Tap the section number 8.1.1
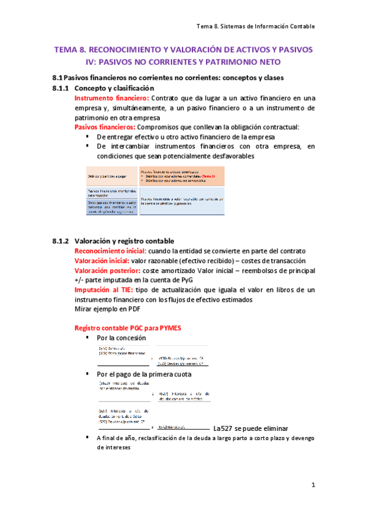61,88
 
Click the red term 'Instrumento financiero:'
110,98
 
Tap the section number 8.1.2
61,241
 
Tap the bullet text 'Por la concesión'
121,338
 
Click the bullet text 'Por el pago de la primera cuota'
144,373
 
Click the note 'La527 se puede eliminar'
251,428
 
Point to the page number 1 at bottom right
312,485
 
